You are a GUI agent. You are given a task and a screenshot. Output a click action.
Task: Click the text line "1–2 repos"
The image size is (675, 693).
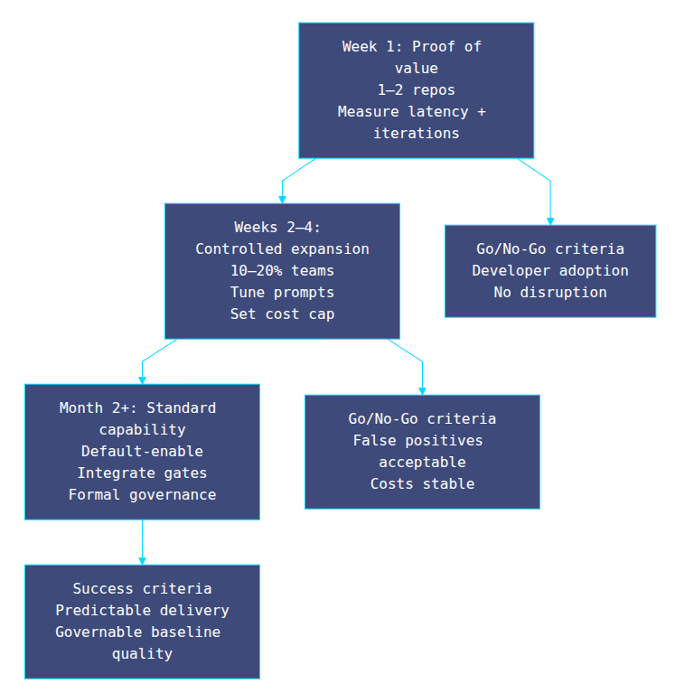(416, 90)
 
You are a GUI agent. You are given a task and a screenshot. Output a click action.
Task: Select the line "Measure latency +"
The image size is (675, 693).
(411, 112)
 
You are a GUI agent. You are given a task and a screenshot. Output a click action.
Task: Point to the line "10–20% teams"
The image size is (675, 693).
(282, 271)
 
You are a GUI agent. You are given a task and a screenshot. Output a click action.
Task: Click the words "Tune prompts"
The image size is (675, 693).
(282, 293)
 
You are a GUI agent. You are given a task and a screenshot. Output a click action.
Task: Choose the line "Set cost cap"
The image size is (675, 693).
(282, 314)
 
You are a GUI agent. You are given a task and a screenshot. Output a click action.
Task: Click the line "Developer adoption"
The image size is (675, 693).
(549, 271)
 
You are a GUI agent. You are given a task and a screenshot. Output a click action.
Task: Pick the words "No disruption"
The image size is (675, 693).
(549, 293)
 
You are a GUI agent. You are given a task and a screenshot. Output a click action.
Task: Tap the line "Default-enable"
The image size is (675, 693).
(142, 452)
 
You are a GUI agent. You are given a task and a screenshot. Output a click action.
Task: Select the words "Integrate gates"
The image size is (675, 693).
(142, 473)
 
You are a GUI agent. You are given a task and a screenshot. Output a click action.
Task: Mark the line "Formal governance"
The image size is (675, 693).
(142, 495)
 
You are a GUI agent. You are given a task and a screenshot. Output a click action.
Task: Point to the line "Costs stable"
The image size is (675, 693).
(422, 484)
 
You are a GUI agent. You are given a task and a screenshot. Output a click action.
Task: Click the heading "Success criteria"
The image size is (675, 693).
(142, 589)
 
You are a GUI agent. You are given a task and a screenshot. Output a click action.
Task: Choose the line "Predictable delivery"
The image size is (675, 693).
(142, 611)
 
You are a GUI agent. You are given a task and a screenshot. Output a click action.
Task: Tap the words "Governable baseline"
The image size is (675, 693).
(137, 632)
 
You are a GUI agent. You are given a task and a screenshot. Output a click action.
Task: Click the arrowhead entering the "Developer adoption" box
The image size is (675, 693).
(550, 220)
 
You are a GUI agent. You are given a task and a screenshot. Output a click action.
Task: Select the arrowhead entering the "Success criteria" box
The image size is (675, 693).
(142, 560)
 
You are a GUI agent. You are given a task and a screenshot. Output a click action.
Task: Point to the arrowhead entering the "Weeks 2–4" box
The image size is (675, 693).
(282, 199)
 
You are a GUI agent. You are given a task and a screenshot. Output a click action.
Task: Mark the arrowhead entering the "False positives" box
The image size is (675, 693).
(422, 390)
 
